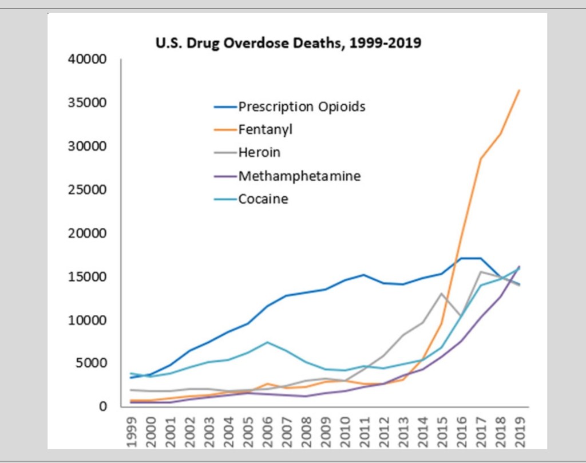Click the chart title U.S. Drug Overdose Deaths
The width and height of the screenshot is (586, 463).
click(288, 43)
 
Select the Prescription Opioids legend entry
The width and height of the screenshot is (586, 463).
click(302, 107)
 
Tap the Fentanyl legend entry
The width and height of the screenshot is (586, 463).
click(265, 130)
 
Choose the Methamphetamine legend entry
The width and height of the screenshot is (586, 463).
click(299, 176)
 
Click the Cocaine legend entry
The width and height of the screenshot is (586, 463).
click(263, 199)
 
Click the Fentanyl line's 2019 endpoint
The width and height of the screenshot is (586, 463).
click(519, 90)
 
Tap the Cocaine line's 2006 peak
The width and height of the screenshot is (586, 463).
click(268, 342)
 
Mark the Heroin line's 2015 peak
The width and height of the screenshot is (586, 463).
click(441, 294)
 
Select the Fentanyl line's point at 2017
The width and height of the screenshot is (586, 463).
click(480, 159)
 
